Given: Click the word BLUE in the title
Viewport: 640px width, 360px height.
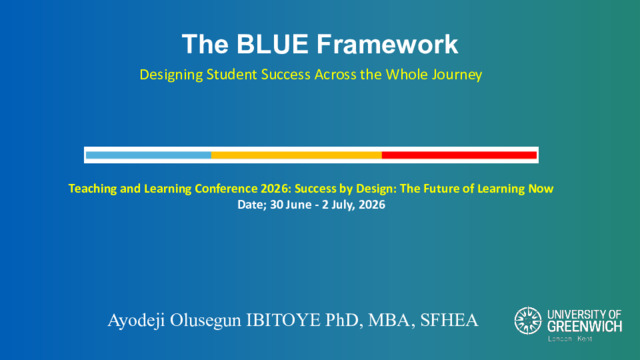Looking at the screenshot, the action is click(x=272, y=44).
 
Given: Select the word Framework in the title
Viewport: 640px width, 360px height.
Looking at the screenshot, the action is click(x=387, y=44).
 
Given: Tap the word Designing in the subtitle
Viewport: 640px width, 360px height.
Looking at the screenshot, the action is click(x=171, y=75).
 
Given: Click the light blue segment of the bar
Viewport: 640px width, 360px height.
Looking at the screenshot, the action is click(x=149, y=155).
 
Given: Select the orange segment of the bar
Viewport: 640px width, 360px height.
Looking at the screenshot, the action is click(x=296, y=155).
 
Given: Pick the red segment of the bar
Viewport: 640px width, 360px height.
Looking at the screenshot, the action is click(x=459, y=155).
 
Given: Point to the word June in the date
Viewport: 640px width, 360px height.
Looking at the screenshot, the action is click(x=299, y=204).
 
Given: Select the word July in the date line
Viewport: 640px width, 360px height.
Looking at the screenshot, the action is click(x=341, y=205).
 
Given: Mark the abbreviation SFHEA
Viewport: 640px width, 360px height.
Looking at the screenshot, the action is click(x=449, y=320).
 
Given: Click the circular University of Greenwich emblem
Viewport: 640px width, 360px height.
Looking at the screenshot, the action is click(x=528, y=321).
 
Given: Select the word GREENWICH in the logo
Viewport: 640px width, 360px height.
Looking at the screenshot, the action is click(x=584, y=327).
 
